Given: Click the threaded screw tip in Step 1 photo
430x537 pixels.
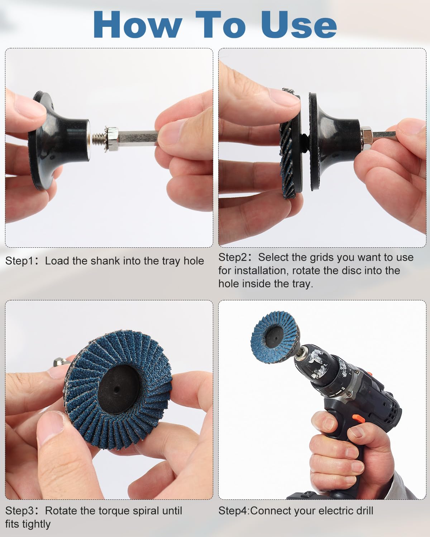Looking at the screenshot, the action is tap(98, 139).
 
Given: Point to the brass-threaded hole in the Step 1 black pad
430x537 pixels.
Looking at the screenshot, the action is tap(89, 139).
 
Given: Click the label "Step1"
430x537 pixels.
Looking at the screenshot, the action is tap(19, 261).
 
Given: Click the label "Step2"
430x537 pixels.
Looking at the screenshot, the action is tap(233, 257).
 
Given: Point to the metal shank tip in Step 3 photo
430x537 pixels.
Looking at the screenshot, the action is tap(60, 362).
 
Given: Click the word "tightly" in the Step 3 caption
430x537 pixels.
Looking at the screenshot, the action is tap(36, 524).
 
